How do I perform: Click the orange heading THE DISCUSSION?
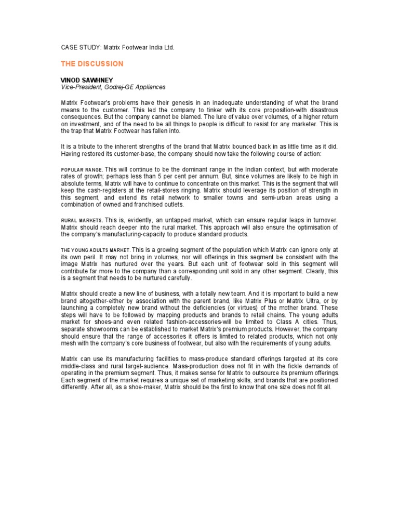tap(92, 64)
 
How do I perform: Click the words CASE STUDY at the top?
tap(81, 47)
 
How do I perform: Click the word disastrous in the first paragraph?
tap(319, 110)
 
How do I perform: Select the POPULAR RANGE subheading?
tap(81, 170)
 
